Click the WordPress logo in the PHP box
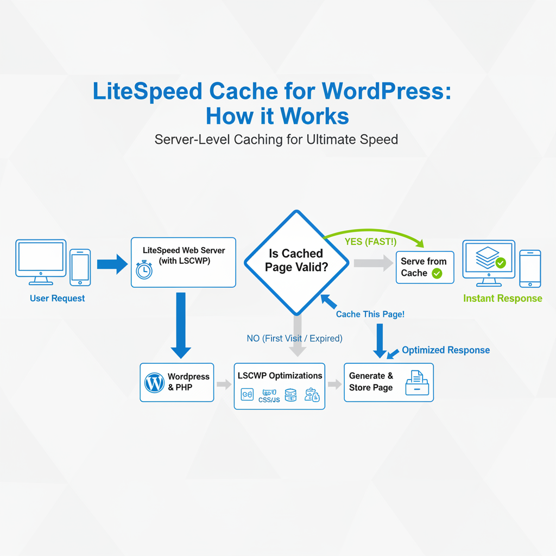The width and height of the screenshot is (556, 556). coord(155,383)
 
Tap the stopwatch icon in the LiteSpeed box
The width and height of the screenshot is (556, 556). coord(144,269)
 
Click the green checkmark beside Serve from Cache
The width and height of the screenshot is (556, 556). coord(437,274)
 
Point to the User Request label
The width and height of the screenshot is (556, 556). coord(58,298)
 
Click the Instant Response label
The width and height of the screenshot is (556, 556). coord(502,298)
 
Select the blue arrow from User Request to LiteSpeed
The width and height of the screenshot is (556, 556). coord(112,264)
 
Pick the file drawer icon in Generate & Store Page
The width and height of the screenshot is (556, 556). coord(417,382)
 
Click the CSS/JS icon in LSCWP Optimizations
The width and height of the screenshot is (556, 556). coord(269,395)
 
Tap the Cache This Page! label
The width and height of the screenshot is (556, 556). coord(370,314)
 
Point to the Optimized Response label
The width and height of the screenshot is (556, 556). coord(446,350)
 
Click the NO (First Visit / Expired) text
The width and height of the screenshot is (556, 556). coord(294,338)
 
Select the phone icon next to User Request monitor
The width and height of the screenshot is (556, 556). coord(80,267)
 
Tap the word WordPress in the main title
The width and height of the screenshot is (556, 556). coord(386,91)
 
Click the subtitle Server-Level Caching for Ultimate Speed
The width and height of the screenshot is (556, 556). coord(276,140)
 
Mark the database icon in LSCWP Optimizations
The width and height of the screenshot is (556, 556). coord(290,395)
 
